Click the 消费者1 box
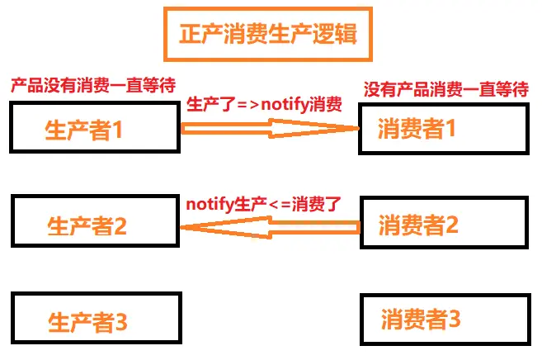(x=442, y=128)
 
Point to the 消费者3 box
(x=444, y=318)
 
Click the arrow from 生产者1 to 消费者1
(x=270, y=128)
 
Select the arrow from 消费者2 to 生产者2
(x=270, y=225)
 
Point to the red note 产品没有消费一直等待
(x=92, y=85)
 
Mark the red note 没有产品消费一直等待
(x=446, y=88)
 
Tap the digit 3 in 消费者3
(x=454, y=319)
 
